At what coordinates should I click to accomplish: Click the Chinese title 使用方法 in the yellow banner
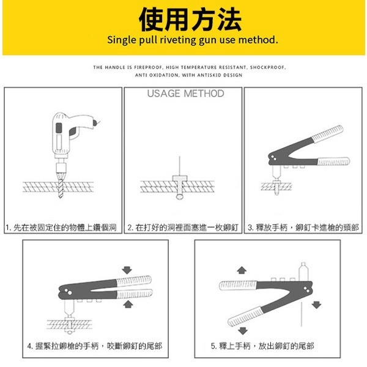[183, 20]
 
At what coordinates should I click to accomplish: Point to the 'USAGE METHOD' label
[185, 94]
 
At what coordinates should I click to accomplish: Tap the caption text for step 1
[61, 228]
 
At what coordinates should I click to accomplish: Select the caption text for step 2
[182, 228]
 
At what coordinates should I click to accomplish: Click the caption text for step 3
[303, 228]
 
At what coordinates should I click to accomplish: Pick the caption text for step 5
[262, 346]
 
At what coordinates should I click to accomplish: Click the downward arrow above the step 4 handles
[127, 269]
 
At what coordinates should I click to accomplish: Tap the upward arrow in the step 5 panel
[241, 270]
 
